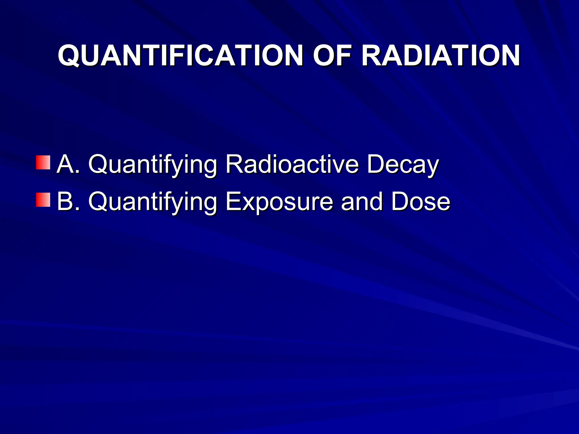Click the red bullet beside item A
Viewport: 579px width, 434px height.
tap(43, 162)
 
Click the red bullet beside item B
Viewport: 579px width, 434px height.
tap(43, 200)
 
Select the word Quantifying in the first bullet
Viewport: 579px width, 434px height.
tap(153, 165)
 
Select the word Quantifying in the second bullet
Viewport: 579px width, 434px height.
tap(153, 203)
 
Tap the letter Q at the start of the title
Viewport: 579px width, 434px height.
tap(69, 56)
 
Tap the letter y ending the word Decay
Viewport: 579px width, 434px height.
tap(432, 167)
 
